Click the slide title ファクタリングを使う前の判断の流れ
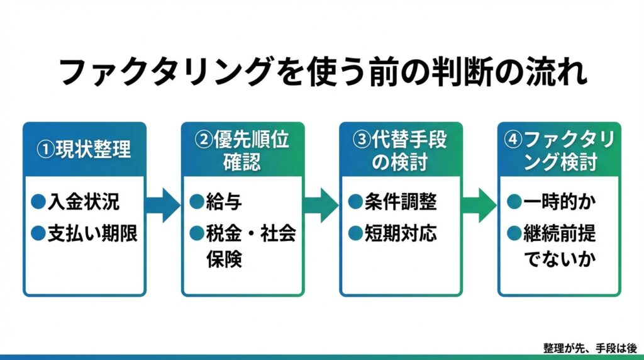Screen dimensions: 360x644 coord(322,73)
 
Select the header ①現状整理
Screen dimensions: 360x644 coord(84,151)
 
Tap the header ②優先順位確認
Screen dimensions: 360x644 coord(243,151)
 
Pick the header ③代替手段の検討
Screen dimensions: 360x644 coord(401,151)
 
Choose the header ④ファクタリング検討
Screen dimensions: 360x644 coord(559,151)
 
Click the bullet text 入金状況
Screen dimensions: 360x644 coord(92,202)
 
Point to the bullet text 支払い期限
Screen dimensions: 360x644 coord(92,233)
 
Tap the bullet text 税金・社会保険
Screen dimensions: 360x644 coord(251,245)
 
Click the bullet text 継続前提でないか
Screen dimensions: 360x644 coord(559,245)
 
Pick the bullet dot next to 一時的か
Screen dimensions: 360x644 coord(514,202)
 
